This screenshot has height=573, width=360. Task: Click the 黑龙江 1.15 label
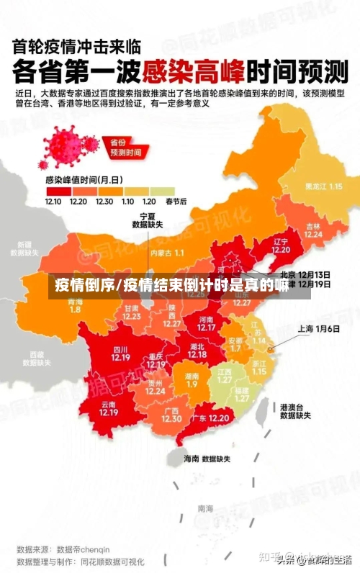coord(323,186)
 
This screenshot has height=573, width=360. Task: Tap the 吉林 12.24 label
coord(313,229)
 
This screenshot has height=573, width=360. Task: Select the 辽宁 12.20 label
coord(281,245)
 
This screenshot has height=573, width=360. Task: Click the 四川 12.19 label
coord(120,353)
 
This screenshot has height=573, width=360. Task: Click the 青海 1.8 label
coord(75,305)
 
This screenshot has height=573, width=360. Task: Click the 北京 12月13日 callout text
coord(305,274)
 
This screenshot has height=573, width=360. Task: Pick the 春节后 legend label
coord(176,202)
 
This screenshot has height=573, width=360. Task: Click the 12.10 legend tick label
coord(53,202)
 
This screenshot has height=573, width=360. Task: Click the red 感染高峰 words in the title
coord(194,72)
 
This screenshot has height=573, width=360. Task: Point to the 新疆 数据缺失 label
coord(24,248)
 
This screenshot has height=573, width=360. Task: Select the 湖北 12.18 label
coord(197,351)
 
